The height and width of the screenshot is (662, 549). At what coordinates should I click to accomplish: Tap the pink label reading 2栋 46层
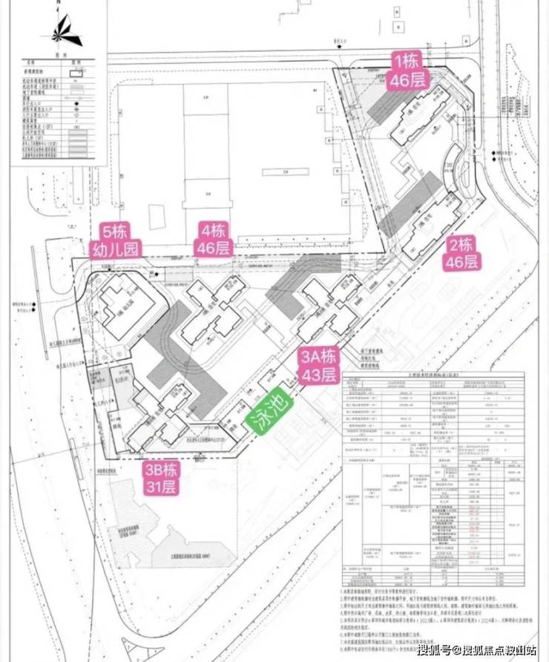click(x=460, y=252)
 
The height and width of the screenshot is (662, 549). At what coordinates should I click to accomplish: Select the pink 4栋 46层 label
click(x=213, y=239)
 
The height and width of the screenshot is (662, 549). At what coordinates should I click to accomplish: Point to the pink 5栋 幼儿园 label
click(x=116, y=239)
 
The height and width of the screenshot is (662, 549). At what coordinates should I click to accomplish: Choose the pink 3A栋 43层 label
click(x=318, y=364)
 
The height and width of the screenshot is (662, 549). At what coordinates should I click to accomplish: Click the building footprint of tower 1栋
click(x=419, y=117)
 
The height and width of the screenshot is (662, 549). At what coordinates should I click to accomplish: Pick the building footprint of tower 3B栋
click(x=156, y=416)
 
